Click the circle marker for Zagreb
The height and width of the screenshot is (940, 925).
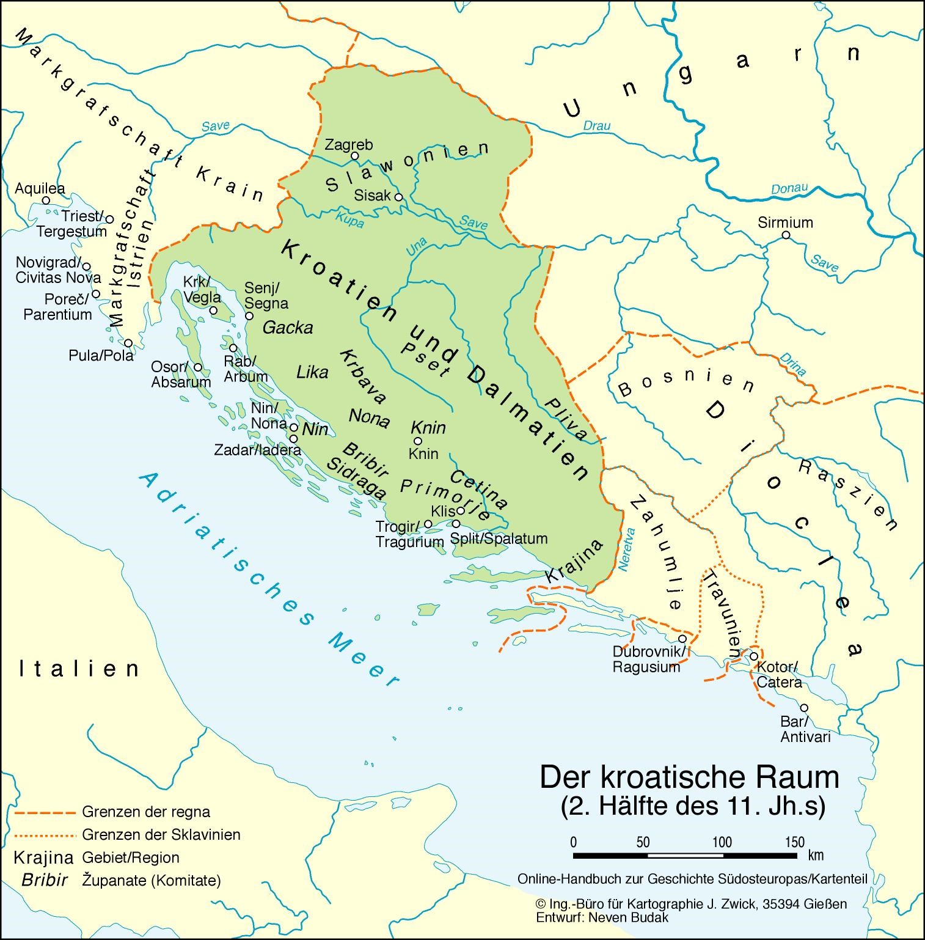point(354,156)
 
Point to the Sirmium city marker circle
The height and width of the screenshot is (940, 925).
point(786,235)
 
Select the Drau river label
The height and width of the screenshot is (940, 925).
point(596,126)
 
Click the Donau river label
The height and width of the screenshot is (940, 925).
point(789,189)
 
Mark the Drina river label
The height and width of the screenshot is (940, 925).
point(793,364)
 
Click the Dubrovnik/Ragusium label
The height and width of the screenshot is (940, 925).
point(646,659)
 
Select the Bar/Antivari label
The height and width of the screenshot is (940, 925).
point(805,729)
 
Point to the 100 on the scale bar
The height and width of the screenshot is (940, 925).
point(722,842)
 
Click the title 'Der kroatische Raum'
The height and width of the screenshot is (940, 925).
point(689,777)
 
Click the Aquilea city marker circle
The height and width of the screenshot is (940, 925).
point(46,200)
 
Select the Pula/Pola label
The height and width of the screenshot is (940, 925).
point(101,355)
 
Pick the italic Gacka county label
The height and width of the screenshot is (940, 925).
point(287,328)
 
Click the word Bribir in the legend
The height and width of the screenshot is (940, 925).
point(44,881)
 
